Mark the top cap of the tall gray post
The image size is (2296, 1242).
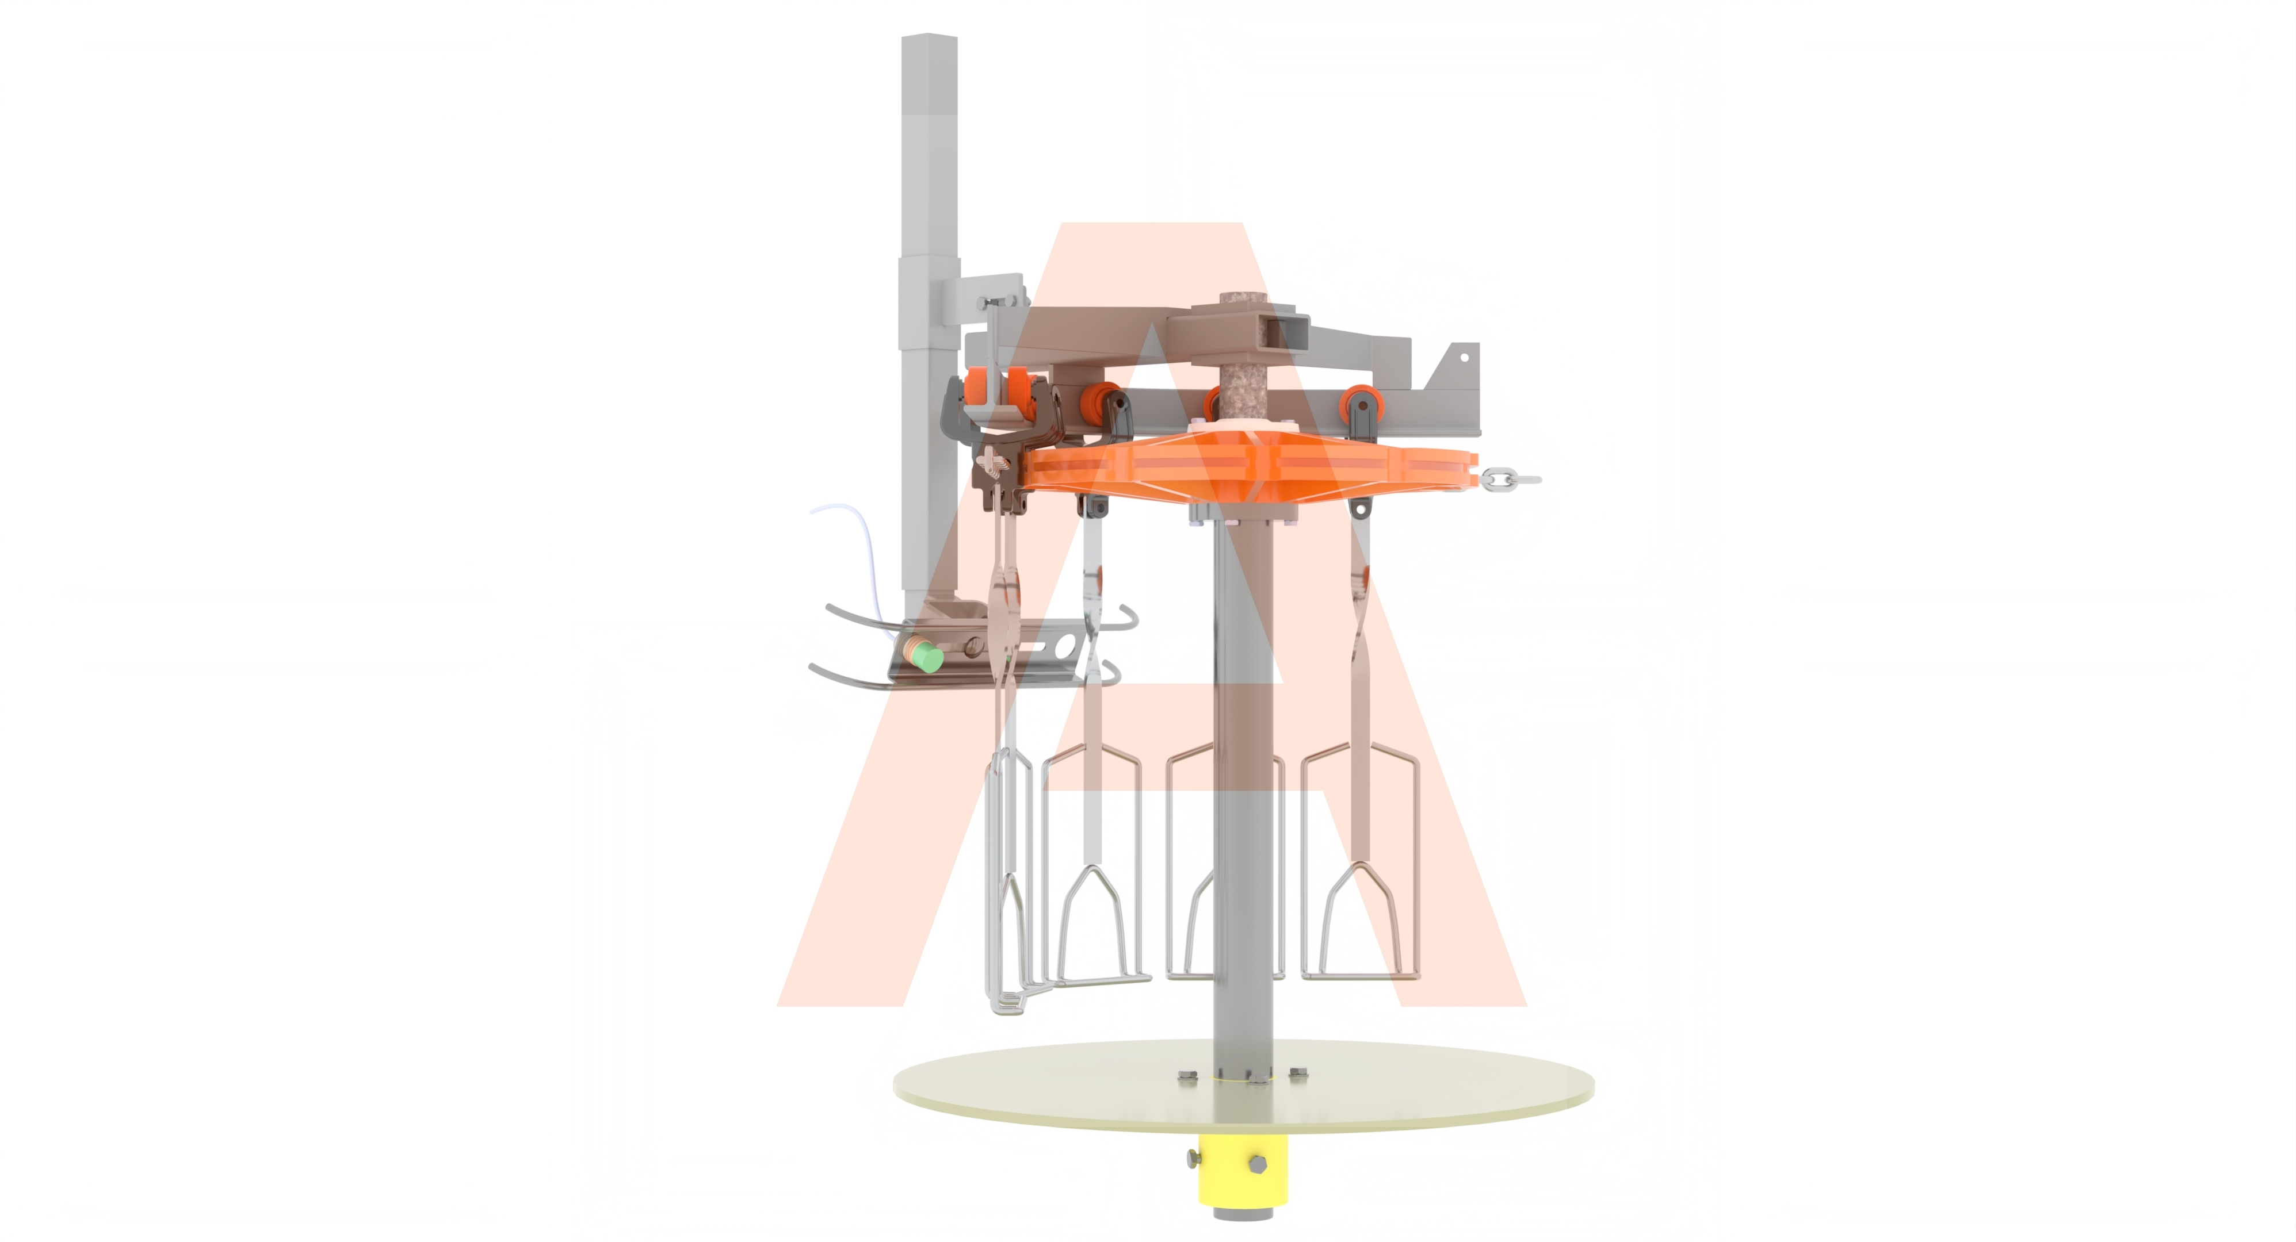pos(930,39)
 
